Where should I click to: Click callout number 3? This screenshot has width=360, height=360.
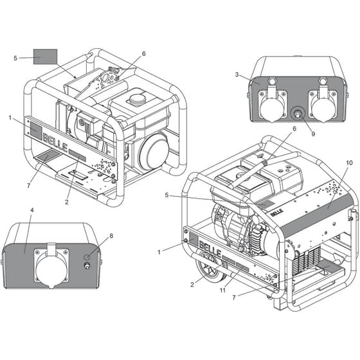(x=237, y=75)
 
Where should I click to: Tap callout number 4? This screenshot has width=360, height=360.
(x=32, y=210)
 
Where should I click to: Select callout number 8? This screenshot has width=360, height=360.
(x=111, y=236)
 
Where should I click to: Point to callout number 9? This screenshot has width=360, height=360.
(x=313, y=134)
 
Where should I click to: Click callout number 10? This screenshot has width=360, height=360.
(x=349, y=163)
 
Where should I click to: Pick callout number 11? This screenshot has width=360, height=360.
(x=222, y=291)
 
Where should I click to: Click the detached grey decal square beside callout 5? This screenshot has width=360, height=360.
(x=45, y=57)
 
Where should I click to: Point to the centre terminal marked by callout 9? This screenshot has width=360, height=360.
(x=298, y=114)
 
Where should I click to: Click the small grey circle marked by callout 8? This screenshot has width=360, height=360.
(x=87, y=257)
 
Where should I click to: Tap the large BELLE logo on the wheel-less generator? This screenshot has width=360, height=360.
(x=55, y=144)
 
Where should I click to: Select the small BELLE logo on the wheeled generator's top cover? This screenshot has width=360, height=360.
(x=277, y=213)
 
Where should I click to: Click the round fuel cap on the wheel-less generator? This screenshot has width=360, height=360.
(x=138, y=100)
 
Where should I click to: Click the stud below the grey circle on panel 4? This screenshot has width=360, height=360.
(x=87, y=265)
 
